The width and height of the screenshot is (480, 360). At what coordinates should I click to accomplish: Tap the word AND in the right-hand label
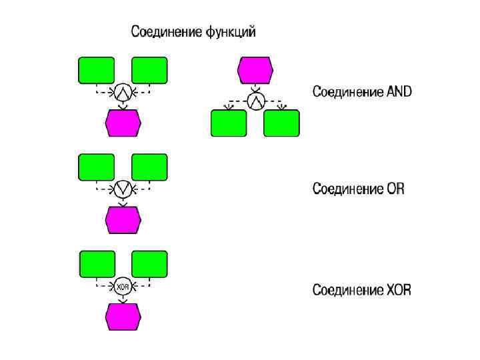point(399,92)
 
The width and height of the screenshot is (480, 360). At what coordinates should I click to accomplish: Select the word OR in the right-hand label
point(395,189)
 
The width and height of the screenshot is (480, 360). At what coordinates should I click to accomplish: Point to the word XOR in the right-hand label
point(399,290)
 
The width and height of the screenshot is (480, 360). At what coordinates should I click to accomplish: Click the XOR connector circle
point(123,287)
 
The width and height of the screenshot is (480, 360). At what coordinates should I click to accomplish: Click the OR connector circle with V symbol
point(123,189)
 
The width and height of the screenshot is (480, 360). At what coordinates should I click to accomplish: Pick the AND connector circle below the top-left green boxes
point(123,92)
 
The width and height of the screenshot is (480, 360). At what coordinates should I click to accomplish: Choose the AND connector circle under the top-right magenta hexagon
point(256,101)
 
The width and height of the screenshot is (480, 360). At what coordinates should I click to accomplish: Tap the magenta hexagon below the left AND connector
point(123,123)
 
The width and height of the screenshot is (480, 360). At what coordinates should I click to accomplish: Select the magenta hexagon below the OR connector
point(123,220)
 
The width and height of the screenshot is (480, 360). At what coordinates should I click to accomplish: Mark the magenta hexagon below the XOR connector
point(123,317)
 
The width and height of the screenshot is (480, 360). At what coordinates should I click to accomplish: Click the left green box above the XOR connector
point(97,264)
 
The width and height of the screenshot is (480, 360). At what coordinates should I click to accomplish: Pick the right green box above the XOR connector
point(149,264)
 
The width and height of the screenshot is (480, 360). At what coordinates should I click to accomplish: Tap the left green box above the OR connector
point(97,167)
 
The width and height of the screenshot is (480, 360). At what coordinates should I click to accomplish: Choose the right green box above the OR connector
point(149,167)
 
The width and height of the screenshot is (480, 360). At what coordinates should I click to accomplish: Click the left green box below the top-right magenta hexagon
point(229,123)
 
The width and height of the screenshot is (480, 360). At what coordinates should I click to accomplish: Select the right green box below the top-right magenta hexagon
point(281,123)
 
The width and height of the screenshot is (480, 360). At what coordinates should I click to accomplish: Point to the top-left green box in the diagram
point(97,70)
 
